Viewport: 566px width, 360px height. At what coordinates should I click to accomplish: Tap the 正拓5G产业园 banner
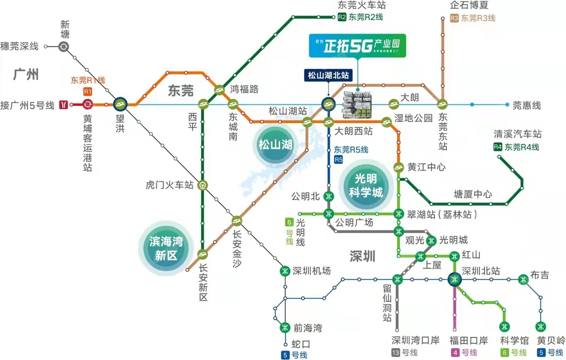click(357, 45)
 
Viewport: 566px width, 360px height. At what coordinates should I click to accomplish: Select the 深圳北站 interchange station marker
click(454, 280)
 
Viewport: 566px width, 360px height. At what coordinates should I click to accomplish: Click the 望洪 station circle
click(120, 104)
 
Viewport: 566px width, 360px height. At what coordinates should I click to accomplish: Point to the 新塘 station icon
click(64, 46)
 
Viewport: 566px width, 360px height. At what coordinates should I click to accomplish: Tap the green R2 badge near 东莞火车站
click(342, 18)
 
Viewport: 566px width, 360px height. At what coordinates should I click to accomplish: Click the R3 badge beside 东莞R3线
click(454, 18)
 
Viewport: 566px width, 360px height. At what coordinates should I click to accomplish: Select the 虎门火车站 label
click(170, 185)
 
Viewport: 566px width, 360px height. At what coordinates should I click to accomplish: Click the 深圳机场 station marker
click(284, 271)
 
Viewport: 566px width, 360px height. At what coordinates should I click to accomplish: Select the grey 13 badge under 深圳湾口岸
click(396, 352)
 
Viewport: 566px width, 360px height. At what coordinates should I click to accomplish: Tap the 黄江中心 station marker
click(399, 167)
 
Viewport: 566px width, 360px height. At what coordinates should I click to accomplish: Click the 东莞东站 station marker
click(442, 104)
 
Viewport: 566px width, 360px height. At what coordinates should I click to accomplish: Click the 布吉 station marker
click(523, 279)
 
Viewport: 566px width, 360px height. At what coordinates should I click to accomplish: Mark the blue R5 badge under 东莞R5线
click(338, 160)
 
